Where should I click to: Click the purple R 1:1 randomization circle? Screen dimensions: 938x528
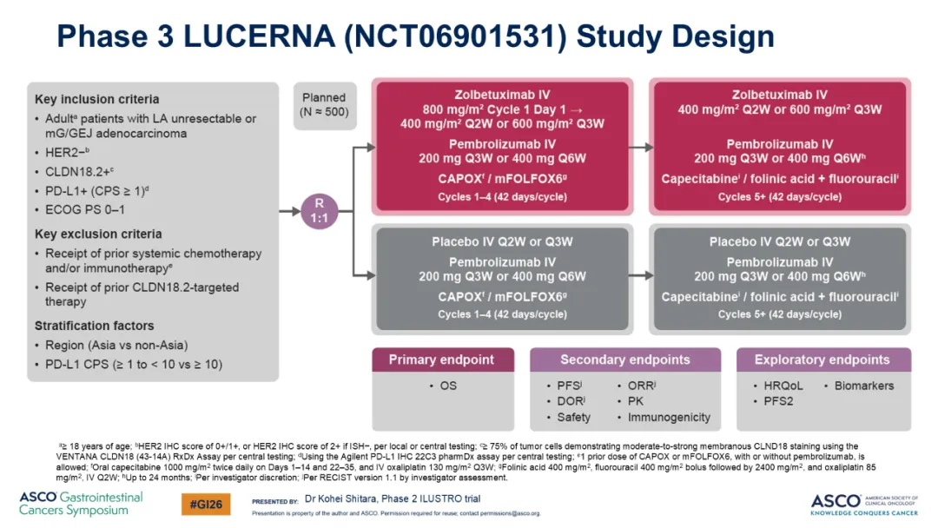(x=319, y=211)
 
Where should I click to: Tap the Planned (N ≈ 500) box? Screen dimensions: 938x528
(x=325, y=105)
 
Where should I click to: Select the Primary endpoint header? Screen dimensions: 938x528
(x=443, y=360)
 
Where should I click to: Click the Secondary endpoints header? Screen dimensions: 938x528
(x=625, y=360)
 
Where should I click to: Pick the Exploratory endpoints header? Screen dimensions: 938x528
(x=823, y=360)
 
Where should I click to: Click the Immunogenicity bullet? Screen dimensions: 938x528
(x=669, y=418)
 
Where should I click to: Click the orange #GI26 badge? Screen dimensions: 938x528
(x=206, y=504)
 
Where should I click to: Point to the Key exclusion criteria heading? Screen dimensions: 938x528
(x=98, y=234)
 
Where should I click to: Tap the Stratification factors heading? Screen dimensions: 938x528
(x=94, y=326)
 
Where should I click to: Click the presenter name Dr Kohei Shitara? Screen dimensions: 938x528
(x=340, y=498)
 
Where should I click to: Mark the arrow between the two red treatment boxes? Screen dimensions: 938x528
(x=641, y=147)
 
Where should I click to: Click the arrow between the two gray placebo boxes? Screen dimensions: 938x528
(x=641, y=275)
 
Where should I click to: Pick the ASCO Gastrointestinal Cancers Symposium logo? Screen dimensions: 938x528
(x=81, y=504)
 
